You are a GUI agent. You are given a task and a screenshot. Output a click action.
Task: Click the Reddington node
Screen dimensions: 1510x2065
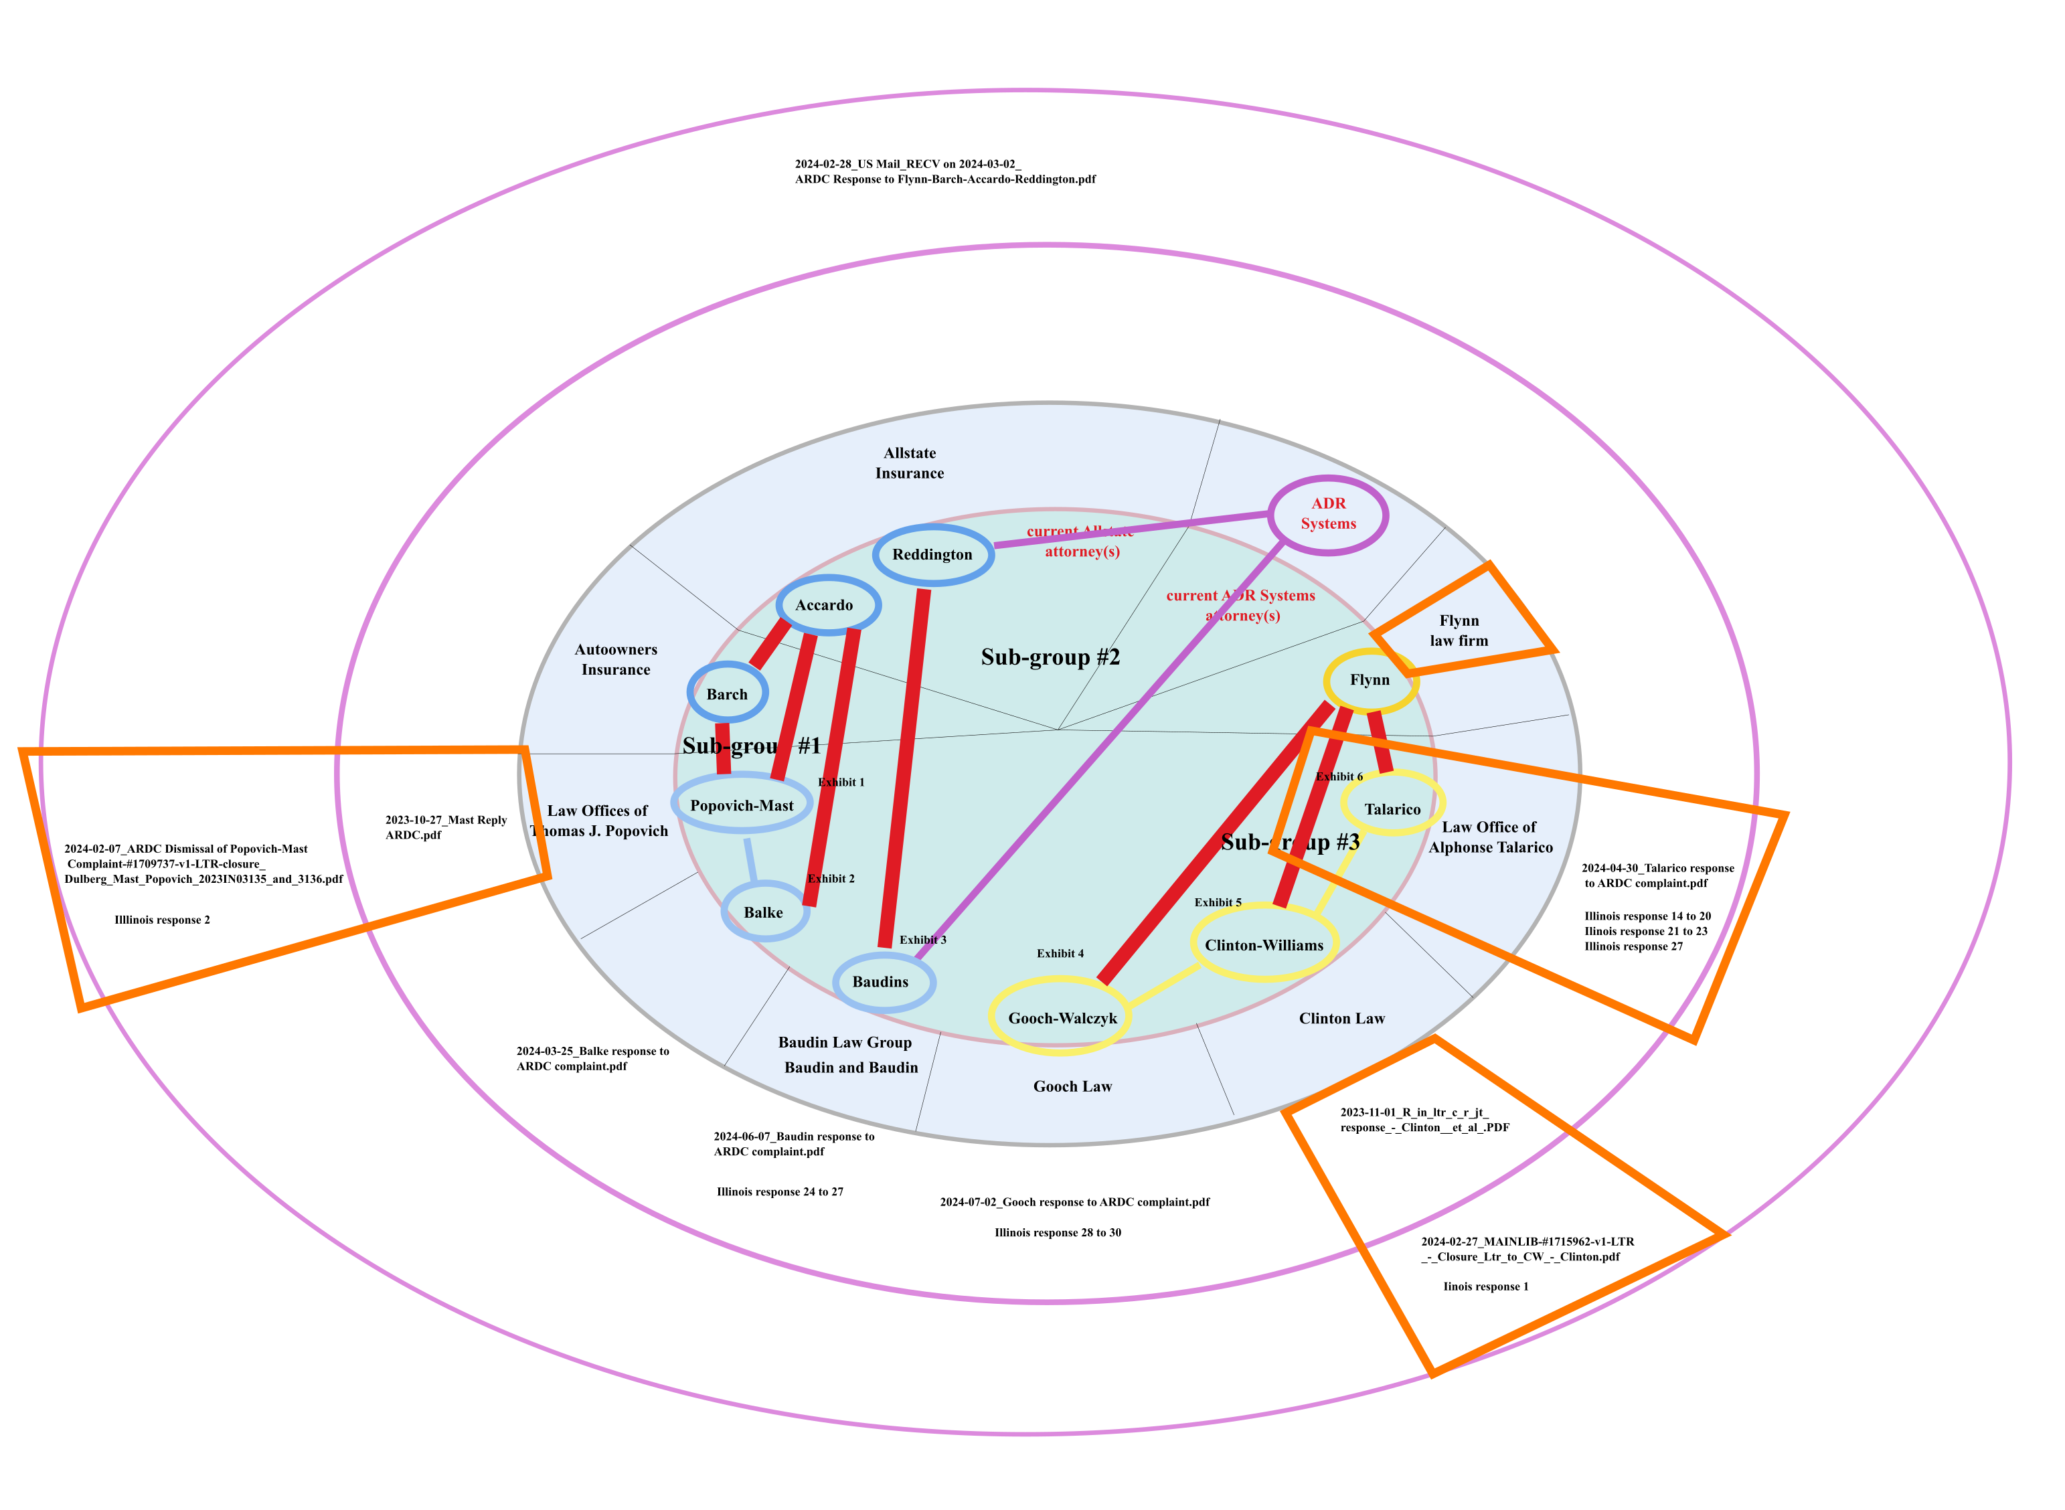click(932, 555)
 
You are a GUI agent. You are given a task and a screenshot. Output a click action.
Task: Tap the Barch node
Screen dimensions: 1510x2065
click(727, 694)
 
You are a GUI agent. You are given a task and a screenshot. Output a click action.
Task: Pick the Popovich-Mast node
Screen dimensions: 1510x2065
click(742, 805)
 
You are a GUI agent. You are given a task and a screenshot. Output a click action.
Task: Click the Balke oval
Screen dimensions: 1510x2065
click(763, 912)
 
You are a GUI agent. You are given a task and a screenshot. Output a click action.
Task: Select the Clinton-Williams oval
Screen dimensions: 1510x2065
click(1263, 945)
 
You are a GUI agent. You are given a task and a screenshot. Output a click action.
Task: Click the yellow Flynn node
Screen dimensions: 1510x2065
click(1370, 680)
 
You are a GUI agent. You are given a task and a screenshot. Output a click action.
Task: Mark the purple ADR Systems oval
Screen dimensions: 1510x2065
click(1328, 513)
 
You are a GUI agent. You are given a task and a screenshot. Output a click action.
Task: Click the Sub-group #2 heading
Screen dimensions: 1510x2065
click(1050, 657)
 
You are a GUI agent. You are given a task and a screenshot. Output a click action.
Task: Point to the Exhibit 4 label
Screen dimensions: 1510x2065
click(1060, 953)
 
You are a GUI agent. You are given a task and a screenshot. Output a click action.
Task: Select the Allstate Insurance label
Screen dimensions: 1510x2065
click(910, 463)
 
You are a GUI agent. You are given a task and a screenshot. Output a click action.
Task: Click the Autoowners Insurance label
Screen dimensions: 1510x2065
click(616, 659)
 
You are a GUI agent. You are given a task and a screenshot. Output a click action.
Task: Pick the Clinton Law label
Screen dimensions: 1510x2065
click(1341, 1018)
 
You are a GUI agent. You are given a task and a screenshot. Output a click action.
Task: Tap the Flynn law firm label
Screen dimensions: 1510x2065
click(1459, 631)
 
